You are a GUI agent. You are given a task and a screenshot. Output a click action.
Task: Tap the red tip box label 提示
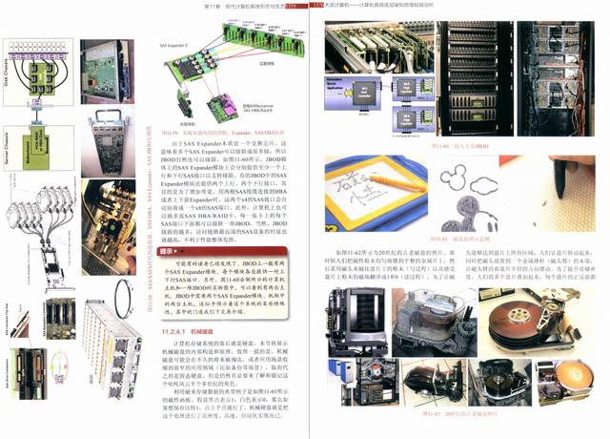(x=169, y=251)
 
